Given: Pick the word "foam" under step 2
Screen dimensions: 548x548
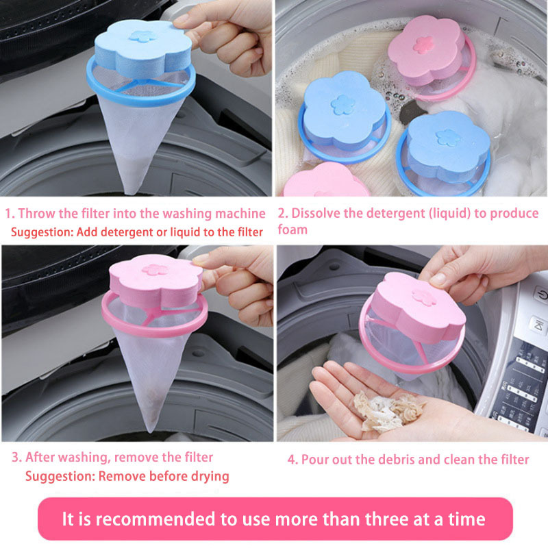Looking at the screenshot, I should tap(292, 229).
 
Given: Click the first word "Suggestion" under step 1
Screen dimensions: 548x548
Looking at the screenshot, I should tap(42, 232).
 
